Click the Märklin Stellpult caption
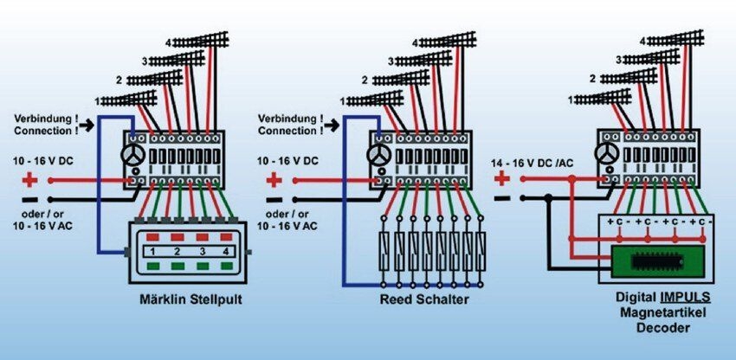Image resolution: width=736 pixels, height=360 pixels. (x=189, y=300)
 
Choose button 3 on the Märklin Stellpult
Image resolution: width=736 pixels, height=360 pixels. (x=203, y=252)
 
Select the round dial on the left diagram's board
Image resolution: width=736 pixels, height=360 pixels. (x=132, y=155)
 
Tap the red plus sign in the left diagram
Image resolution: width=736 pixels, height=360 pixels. (x=30, y=181)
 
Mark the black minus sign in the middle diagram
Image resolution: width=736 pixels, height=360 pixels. (x=274, y=199)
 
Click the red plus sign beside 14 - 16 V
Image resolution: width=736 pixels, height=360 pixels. (x=501, y=178)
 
